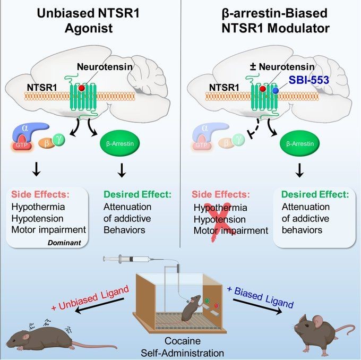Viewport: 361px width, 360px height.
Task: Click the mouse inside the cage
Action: (x=193, y=310)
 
